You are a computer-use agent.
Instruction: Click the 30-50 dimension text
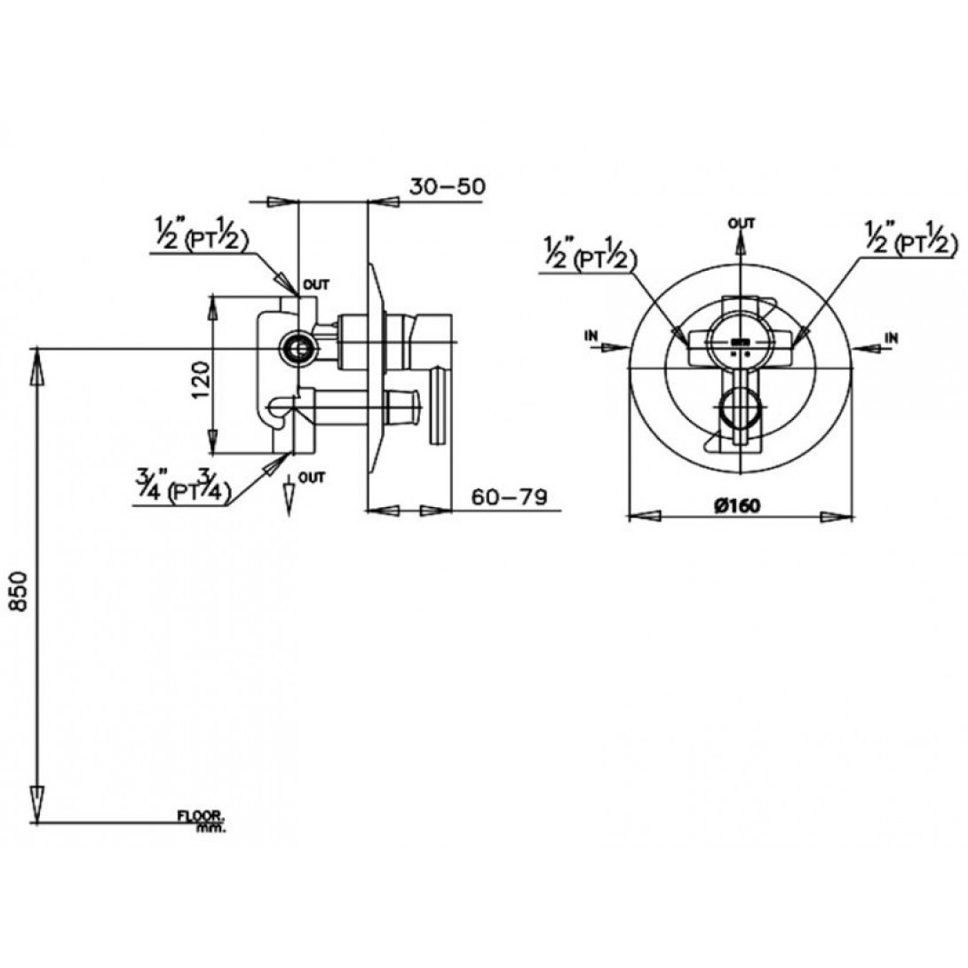pos(448,186)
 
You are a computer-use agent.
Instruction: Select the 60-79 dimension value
pos(510,496)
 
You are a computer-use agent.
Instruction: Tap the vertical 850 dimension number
pos(20,591)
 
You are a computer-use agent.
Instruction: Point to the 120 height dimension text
pos(202,380)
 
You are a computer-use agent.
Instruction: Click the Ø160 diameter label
pos(738,505)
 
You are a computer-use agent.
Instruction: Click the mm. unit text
pos(211,828)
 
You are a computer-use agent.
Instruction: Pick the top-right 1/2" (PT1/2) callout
pos(911,238)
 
